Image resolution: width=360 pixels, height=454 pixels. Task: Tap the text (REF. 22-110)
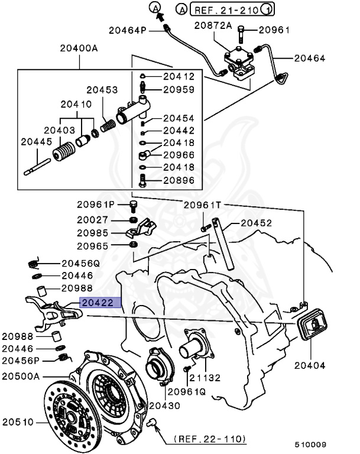point(210,439)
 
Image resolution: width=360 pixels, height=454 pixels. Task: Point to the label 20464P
point(128,30)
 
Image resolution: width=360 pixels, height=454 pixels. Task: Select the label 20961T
point(202,205)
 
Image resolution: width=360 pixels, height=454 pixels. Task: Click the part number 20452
point(255,223)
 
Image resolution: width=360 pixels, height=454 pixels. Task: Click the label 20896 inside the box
point(178,180)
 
